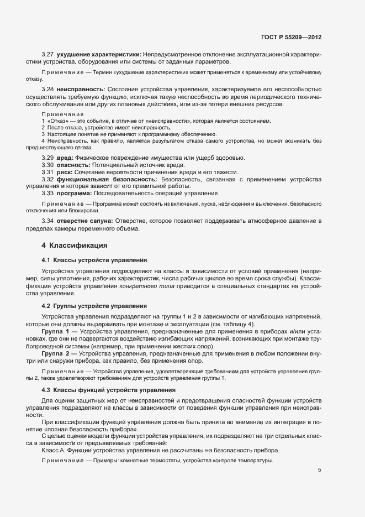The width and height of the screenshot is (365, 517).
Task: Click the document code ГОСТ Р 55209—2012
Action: pos(291,37)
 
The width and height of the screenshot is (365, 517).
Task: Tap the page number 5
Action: pos(320,470)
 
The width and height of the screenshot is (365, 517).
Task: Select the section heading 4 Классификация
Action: pos(74,245)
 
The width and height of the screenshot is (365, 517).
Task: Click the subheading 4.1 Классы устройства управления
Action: pos(94,260)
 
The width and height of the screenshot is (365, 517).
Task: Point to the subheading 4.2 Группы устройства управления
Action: pos(94,306)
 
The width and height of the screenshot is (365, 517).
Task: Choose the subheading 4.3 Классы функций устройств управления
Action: pos(108,390)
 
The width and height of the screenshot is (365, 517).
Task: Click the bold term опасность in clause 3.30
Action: pos(75,165)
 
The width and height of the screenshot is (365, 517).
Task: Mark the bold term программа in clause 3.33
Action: pos(75,194)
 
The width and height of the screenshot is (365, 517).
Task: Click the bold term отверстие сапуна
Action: pos(84,221)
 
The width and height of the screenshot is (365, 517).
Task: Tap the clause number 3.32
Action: pos(47,180)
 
